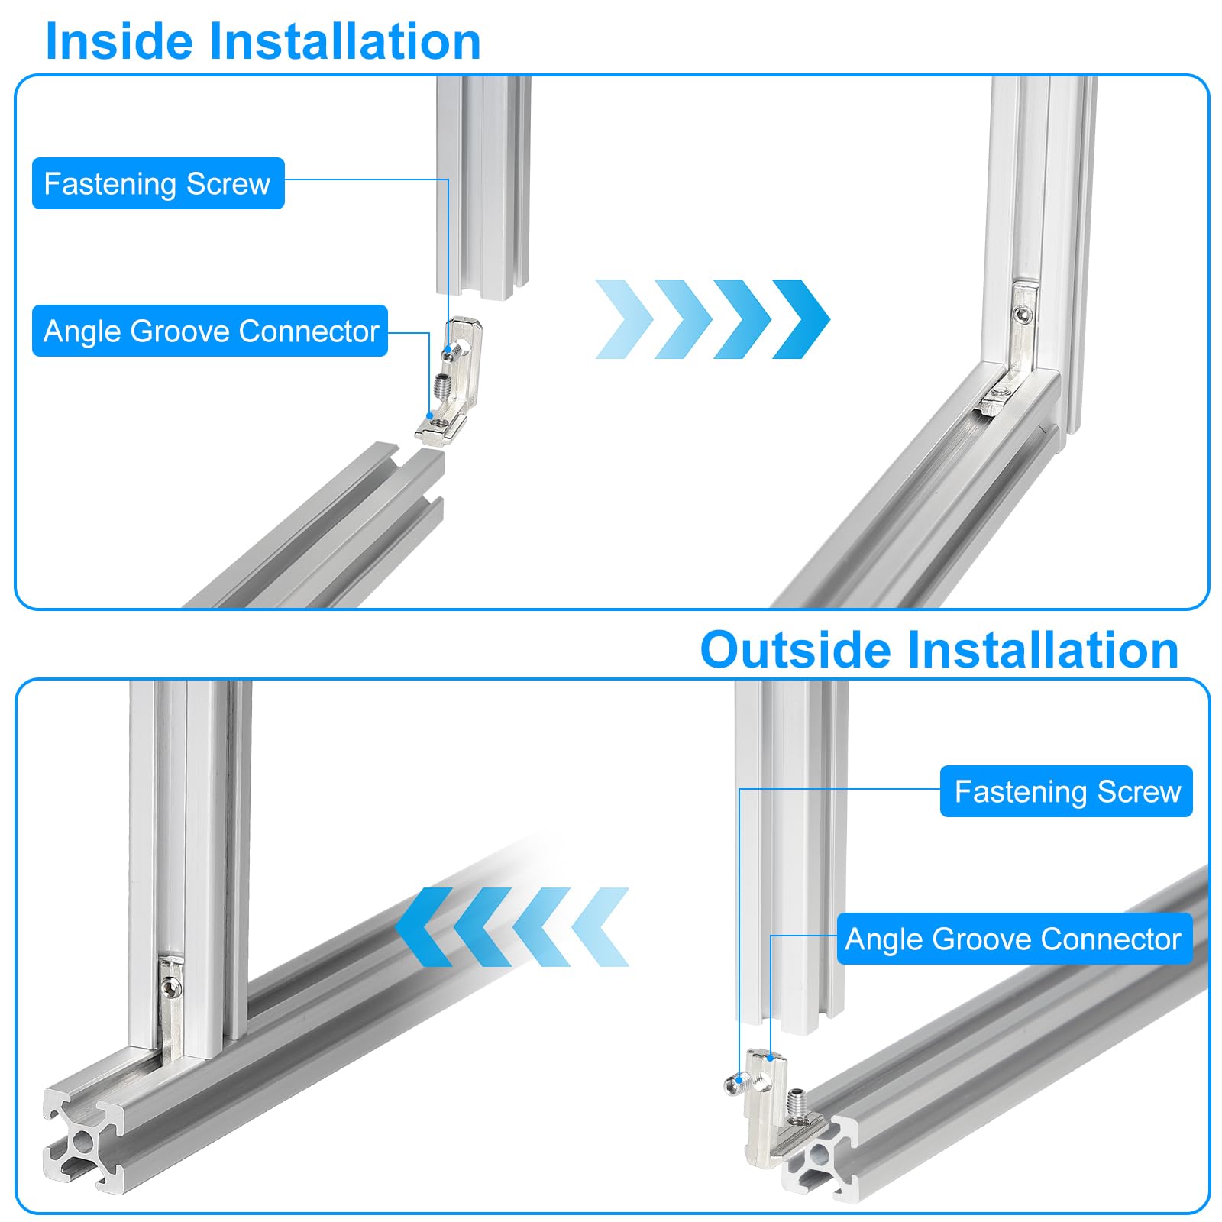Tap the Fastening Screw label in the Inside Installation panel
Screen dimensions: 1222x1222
click(x=158, y=183)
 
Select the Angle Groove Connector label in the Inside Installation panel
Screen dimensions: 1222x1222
click(x=210, y=331)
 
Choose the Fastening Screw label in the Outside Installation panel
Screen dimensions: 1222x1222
click(x=1066, y=791)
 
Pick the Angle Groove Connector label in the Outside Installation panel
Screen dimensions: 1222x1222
click(x=1014, y=939)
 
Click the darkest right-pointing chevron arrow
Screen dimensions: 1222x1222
click(x=801, y=319)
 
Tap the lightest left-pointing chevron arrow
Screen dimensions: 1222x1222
click(x=600, y=927)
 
